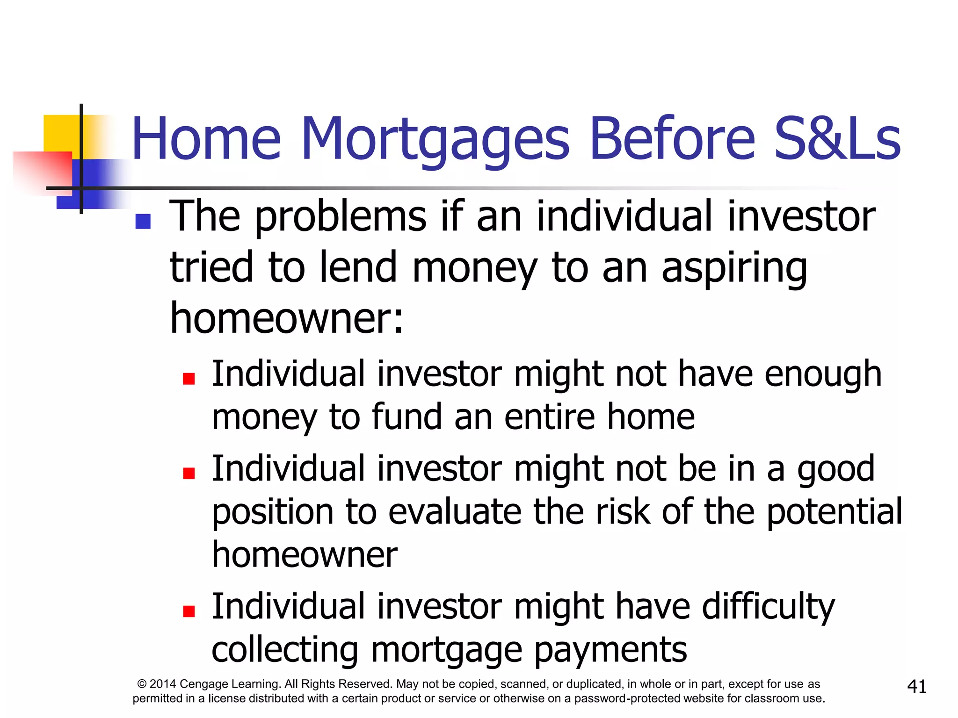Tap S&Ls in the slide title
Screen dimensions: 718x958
[837, 139]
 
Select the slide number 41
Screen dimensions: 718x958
[916, 687]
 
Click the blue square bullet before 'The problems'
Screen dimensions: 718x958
[143, 221]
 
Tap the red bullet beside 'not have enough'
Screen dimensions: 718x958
[189, 378]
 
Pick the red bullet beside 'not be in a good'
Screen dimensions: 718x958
[189, 474]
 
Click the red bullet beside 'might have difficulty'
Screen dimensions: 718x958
[189, 611]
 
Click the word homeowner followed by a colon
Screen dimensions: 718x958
[286, 319]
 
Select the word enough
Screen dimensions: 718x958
[823, 375]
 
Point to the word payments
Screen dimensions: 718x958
[610, 651]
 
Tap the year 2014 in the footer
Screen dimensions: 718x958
[163, 684]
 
